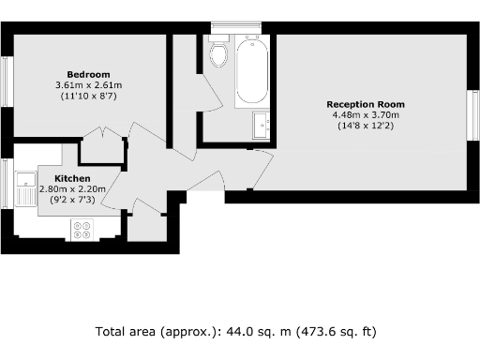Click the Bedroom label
[x=88, y=74]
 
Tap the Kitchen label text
[x=72, y=178]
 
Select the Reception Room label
[x=365, y=103]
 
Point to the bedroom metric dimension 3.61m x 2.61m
[x=89, y=85]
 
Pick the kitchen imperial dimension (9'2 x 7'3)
[x=73, y=200]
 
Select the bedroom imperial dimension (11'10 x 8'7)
[x=88, y=97]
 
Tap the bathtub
[x=252, y=70]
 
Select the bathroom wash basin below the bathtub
[x=261, y=123]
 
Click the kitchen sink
[x=24, y=187]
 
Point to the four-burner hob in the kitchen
[x=82, y=228]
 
